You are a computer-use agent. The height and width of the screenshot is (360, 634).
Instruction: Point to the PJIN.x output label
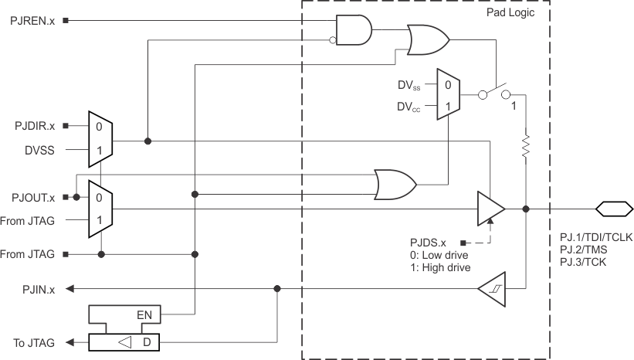39,289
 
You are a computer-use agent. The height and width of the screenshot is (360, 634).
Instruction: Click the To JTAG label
34,342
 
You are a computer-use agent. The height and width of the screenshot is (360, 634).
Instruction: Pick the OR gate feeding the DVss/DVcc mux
395,183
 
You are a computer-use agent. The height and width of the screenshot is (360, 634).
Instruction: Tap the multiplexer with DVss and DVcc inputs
449,93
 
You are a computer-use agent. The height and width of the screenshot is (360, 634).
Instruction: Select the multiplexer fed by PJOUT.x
101,209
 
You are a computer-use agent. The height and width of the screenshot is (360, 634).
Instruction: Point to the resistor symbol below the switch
525,145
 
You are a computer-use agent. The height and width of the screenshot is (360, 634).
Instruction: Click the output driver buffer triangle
490,209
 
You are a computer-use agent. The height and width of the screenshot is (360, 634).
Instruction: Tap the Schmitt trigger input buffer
490,289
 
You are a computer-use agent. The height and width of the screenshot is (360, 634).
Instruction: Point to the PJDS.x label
432,241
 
